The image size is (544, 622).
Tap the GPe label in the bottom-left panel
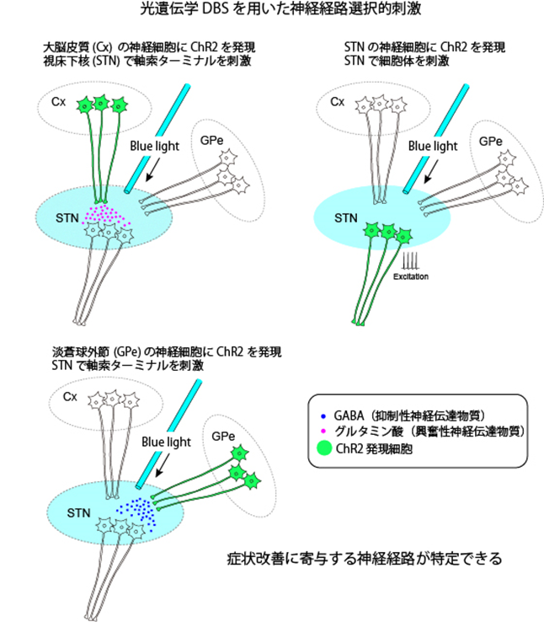(x=223, y=437)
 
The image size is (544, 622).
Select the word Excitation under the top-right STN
(x=411, y=276)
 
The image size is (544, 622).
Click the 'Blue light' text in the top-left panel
(x=154, y=144)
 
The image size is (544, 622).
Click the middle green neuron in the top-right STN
(x=388, y=230)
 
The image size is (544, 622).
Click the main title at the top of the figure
(x=271, y=11)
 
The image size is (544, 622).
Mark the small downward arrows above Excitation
(x=410, y=259)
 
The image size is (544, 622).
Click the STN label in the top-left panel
(x=67, y=218)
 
